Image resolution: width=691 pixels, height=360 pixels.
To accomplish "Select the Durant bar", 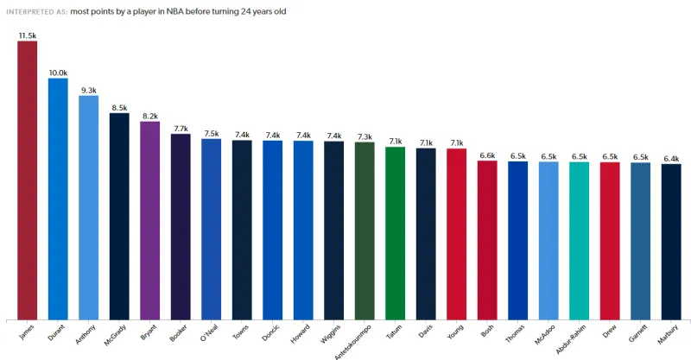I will click(x=58, y=199).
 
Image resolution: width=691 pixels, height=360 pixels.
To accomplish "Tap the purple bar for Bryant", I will click(x=149, y=220).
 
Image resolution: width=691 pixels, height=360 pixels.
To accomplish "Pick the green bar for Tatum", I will click(x=395, y=233).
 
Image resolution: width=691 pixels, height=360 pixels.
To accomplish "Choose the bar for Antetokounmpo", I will click(x=365, y=231).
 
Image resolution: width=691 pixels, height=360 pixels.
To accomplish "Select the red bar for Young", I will click(x=456, y=233).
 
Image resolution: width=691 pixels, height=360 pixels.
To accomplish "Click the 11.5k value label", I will click(x=27, y=35).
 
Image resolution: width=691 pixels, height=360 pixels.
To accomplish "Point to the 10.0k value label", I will click(x=58, y=73).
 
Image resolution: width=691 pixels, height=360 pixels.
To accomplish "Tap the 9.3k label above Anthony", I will click(x=88, y=90).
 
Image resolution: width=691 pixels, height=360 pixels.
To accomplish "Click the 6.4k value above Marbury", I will click(x=671, y=158).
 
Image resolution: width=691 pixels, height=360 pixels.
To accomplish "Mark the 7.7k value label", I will click(x=181, y=128).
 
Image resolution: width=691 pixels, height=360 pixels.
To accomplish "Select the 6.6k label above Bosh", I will click(x=487, y=155).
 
